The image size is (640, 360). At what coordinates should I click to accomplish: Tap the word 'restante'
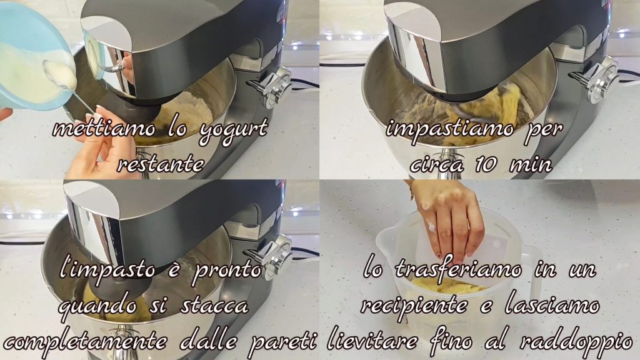click(x=161, y=164)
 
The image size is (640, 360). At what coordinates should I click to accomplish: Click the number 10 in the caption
click(x=486, y=164)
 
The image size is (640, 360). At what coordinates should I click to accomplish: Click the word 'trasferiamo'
click(x=458, y=269)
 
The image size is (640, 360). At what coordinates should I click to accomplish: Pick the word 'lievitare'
click(x=372, y=341)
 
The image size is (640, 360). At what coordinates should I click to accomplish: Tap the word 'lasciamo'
click(x=552, y=305)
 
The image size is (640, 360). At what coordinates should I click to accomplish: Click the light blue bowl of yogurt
click(x=32, y=57)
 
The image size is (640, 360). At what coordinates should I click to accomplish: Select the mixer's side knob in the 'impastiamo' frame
click(x=598, y=79)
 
